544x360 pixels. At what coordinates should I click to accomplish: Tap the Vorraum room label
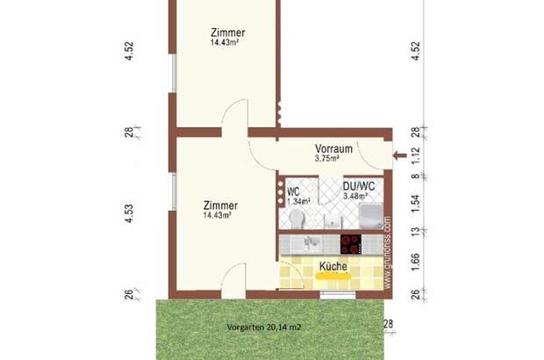click(x=333, y=148)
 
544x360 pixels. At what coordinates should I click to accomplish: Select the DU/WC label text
click(x=358, y=187)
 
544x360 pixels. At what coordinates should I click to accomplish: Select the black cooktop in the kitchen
click(x=352, y=243)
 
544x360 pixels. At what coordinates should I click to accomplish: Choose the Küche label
click(x=333, y=266)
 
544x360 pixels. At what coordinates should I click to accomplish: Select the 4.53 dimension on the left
click(x=129, y=215)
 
